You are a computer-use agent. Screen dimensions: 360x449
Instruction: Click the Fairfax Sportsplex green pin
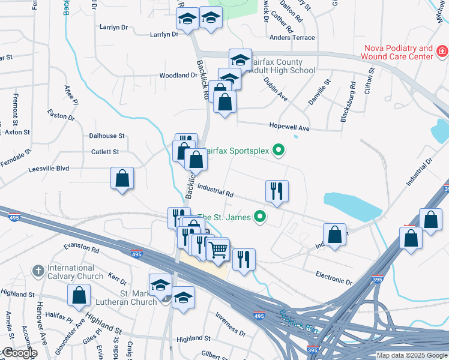click(x=278, y=150)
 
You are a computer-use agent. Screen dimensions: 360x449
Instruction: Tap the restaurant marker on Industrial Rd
click(x=277, y=191)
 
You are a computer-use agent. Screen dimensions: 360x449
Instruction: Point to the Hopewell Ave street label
click(x=289, y=128)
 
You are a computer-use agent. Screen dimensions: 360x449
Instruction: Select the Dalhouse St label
click(x=107, y=136)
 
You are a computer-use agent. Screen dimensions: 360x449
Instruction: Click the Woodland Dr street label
click(x=178, y=76)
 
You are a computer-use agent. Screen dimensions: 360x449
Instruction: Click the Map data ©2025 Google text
click(x=411, y=355)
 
